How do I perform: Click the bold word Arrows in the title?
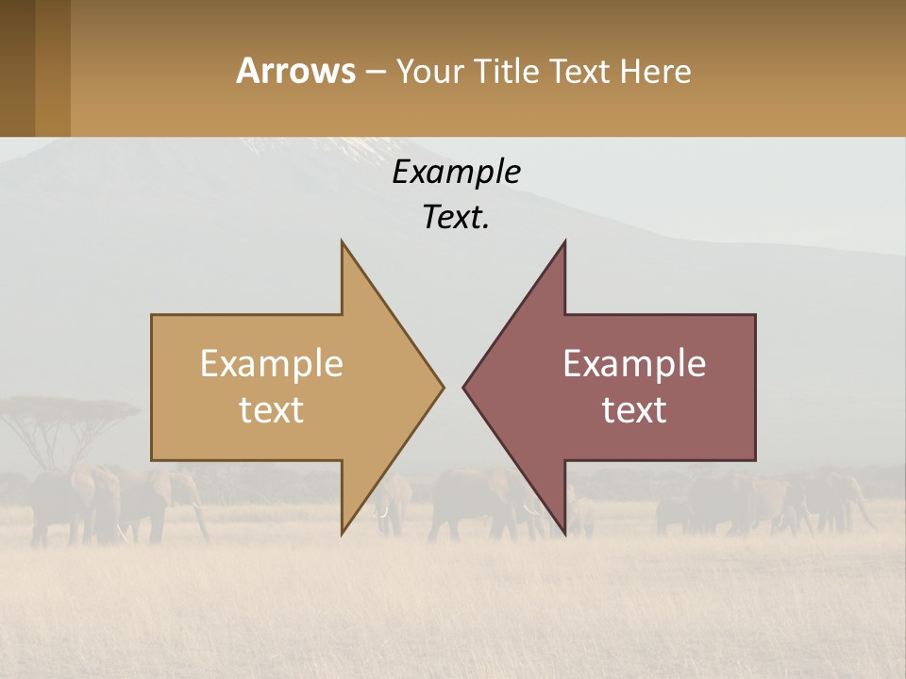point(295,71)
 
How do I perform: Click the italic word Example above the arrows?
point(456,172)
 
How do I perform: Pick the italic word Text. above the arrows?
point(456,217)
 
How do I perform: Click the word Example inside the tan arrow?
point(272,363)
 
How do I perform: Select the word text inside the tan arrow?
point(272,410)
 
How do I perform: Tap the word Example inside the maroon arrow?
point(634,363)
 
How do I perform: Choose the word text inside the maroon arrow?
point(634,410)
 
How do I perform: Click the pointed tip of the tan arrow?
point(442,387)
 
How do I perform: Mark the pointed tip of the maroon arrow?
point(464,387)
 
